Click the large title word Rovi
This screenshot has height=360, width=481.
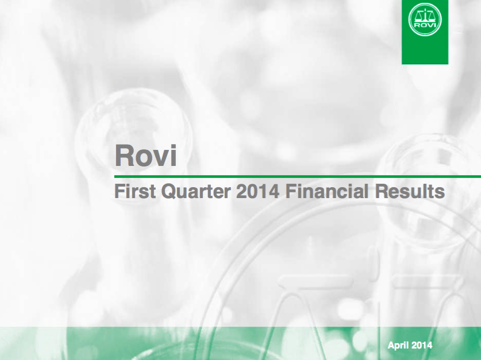point(146,156)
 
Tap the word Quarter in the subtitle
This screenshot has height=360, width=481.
point(196,192)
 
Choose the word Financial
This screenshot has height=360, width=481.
point(326,192)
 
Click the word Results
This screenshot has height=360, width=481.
point(410,192)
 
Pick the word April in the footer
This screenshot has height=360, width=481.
point(397,346)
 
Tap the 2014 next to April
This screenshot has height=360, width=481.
point(421,345)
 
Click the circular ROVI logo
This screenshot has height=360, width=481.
point(425,20)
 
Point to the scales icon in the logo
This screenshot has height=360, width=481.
point(425,16)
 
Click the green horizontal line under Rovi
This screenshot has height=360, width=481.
point(298,176)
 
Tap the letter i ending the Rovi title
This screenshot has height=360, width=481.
point(174,156)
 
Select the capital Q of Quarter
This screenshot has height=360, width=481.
point(169,192)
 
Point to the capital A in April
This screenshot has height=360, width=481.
point(391,345)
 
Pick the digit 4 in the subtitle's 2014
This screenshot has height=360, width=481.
point(274,192)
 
